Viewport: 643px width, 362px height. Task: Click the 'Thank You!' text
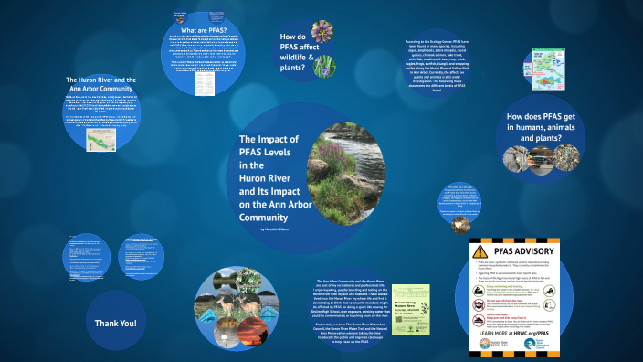[115, 323]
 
